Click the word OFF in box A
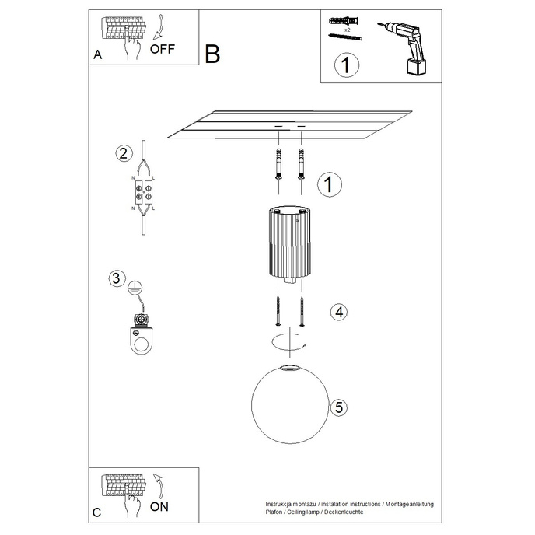163,48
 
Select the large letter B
212,54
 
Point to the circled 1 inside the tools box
345,65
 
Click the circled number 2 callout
122,152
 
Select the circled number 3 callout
116,278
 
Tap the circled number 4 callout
337,312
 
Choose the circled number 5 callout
337,406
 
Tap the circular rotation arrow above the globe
289,340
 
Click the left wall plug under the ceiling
278,163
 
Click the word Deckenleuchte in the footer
340,512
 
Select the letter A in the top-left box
97,54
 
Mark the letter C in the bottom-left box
97,512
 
